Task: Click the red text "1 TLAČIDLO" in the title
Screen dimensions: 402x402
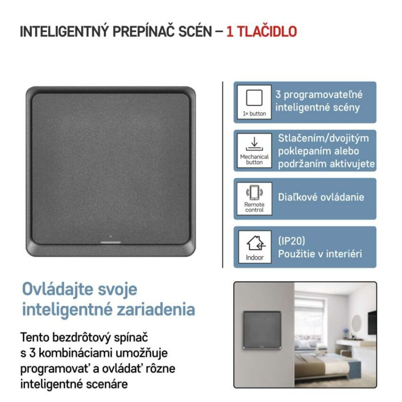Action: tap(261, 32)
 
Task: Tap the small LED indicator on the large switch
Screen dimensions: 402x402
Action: tap(110, 236)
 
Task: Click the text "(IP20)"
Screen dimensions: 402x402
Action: tap(291, 241)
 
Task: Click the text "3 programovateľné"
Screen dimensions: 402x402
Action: tap(319, 94)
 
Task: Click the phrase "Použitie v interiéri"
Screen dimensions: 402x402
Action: tap(320, 254)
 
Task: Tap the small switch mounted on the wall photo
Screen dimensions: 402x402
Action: tap(261, 330)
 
